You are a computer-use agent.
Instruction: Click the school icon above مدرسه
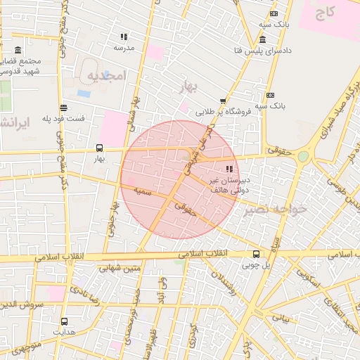[x=124, y=37]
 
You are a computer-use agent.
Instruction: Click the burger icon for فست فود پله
[x=64, y=108]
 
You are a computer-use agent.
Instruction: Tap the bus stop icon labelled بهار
[x=99, y=148]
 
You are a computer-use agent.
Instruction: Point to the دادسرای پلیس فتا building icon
[x=262, y=39]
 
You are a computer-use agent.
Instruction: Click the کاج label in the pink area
[x=325, y=11]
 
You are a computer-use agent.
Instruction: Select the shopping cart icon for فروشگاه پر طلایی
[x=224, y=101]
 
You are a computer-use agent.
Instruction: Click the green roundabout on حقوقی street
[x=303, y=156]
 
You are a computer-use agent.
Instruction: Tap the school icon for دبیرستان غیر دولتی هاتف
[x=229, y=169]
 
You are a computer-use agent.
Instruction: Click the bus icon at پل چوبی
[x=255, y=254]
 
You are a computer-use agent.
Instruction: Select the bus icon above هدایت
[x=64, y=321]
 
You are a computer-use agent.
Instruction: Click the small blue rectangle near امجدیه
[x=84, y=93]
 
